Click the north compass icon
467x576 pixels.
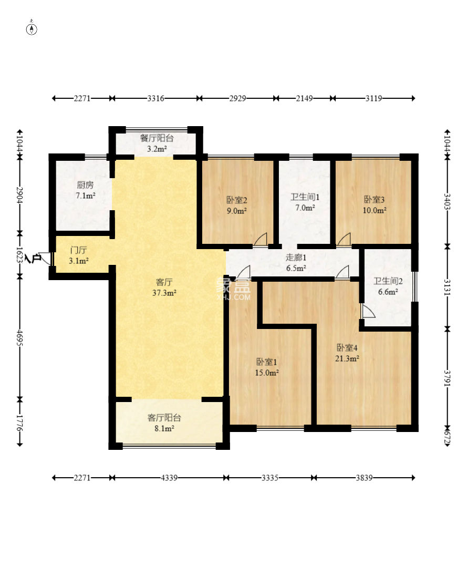coord(32,28)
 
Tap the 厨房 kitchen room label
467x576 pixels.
coord(85,185)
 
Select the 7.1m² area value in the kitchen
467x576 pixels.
coord(86,196)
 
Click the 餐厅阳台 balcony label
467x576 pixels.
coord(157,138)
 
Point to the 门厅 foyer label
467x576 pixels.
coord(79,251)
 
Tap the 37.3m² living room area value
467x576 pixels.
coord(164,293)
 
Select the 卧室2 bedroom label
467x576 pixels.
coord(236,200)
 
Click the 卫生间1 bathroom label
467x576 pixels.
coord(305,197)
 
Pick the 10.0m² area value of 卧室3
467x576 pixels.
coord(375,211)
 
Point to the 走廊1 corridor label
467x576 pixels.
coord(296,258)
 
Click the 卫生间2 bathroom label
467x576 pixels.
coord(388,281)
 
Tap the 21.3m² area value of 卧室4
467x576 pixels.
coord(347,358)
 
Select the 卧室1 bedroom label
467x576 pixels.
coord(266,362)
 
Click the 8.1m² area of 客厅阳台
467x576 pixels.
coord(164,428)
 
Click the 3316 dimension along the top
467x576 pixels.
coord(155,98)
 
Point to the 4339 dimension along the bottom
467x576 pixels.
coord(169,478)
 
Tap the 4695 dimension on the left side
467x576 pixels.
coord(20,337)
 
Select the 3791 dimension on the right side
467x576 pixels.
coord(447,378)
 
